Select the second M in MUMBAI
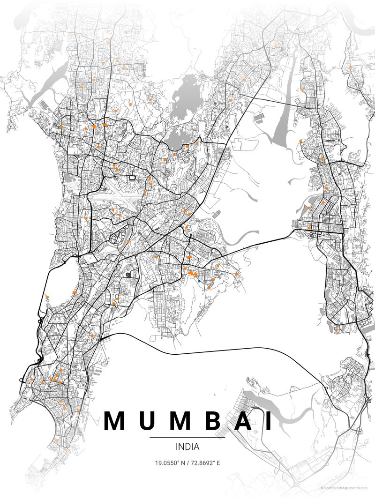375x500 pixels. coord(180,421)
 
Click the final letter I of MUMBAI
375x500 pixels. coord(269,421)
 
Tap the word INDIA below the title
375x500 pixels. coord(187,447)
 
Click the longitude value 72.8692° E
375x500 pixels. coord(205,463)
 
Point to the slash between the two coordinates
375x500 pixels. coord(187,463)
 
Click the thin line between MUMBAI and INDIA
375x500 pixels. coord(187,437)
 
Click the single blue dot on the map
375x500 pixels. coord(200,281)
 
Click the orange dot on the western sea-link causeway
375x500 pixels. coord(47,297)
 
